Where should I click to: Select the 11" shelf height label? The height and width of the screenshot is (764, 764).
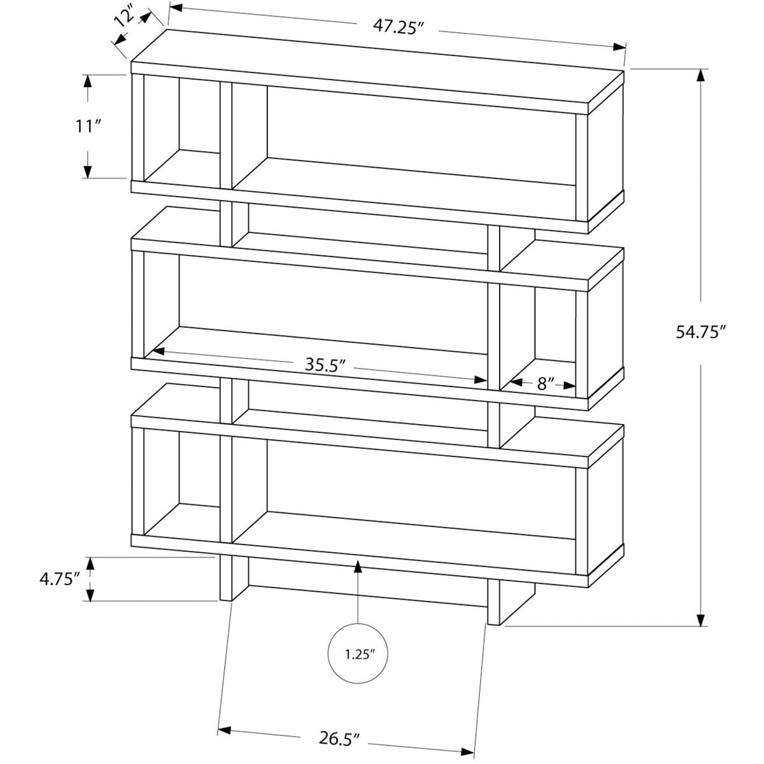pos(88,126)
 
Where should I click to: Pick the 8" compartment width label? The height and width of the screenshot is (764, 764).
pos(546,383)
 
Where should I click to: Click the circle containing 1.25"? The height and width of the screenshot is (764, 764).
pos(358,653)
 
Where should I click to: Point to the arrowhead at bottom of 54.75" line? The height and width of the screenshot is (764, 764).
pos(701,620)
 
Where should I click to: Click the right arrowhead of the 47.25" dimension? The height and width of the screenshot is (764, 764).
pos(619,47)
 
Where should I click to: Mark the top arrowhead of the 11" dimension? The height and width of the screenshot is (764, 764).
pos(88,81)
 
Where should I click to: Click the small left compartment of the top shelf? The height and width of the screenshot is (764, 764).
pos(181,131)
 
